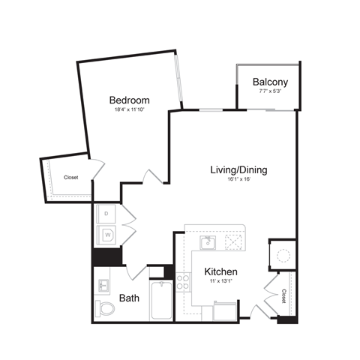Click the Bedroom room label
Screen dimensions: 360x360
click(129, 100)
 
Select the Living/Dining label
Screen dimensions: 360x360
click(238, 169)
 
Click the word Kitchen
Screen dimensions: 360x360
click(221, 271)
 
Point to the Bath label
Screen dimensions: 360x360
click(130, 298)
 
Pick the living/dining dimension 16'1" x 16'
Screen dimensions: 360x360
click(238, 180)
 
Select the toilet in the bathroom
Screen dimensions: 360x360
click(105, 307)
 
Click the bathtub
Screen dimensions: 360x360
click(160, 301)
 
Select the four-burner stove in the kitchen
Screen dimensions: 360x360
click(182, 283)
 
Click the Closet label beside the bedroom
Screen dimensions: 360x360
click(71, 178)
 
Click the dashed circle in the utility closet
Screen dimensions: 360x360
click(283, 256)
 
